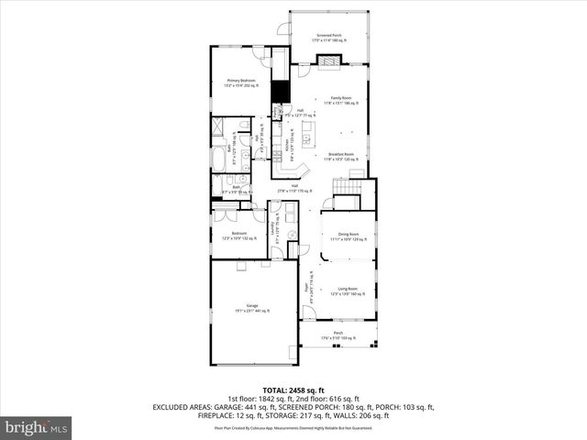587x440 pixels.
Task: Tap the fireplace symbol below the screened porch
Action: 328,61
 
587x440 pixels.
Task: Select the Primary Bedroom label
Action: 240,82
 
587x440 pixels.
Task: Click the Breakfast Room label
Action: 341,156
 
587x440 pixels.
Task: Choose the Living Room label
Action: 348,291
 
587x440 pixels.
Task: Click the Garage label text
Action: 251,307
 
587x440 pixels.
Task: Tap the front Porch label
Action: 338,335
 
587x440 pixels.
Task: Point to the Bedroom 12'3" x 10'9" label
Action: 238,236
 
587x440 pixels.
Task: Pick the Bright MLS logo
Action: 37,426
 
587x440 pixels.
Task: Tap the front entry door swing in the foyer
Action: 309,313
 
